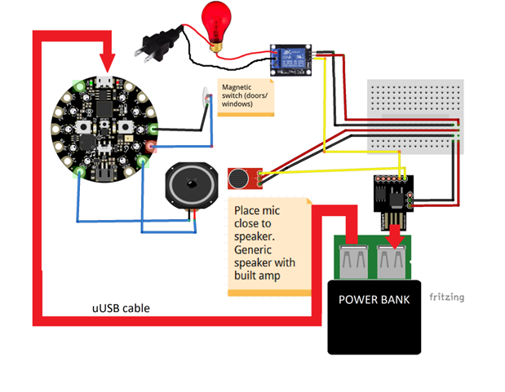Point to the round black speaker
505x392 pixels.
(x=190, y=186)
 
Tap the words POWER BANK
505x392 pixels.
(x=375, y=299)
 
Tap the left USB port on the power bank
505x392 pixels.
(x=355, y=258)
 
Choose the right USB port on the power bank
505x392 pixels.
(x=394, y=258)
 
